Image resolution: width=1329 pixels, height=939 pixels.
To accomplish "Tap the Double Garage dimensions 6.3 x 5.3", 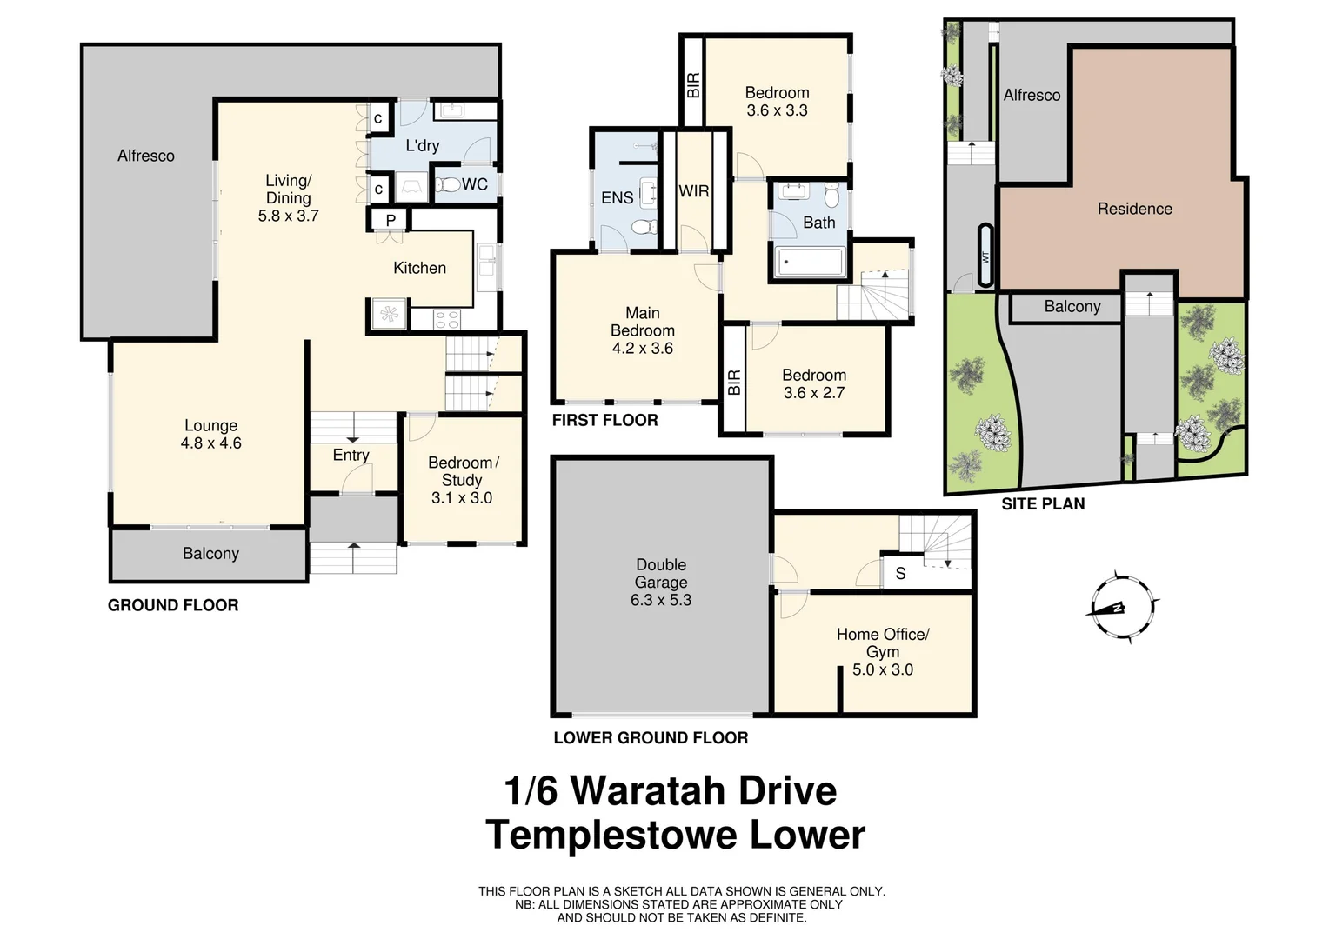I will click(x=661, y=600).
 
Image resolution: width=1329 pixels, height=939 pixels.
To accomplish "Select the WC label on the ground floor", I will click(x=474, y=184).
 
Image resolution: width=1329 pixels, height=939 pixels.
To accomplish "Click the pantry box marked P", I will click(x=391, y=220).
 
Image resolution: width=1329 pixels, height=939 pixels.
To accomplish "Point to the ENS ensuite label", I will click(x=617, y=198).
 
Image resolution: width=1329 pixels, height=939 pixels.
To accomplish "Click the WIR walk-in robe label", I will click(x=693, y=191).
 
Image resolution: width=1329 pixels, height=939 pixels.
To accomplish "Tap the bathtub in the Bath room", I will click(x=809, y=262).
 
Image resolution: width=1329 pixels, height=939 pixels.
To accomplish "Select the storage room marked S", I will click(x=900, y=574).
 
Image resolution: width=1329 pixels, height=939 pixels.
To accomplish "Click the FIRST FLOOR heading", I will click(x=604, y=420).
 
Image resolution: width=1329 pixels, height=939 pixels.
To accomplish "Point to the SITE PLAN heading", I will click(x=1043, y=503).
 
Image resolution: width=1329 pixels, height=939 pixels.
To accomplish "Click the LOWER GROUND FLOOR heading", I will click(x=651, y=737).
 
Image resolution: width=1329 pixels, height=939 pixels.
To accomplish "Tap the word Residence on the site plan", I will click(x=1134, y=209).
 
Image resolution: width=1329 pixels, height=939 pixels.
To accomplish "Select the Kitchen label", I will click(x=419, y=268).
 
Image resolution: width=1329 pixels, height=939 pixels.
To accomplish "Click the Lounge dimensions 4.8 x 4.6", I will click(x=210, y=443).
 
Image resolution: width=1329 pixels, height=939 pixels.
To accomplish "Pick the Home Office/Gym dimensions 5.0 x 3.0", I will click(x=882, y=669).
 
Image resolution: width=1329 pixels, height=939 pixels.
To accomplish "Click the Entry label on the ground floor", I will click(x=351, y=455).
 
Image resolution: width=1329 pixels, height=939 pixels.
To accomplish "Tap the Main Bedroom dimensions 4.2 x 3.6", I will click(x=642, y=349).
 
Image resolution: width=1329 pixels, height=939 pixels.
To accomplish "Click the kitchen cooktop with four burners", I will click(x=446, y=319).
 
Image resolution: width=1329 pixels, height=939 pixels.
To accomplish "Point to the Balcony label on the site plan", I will click(x=1072, y=306).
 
